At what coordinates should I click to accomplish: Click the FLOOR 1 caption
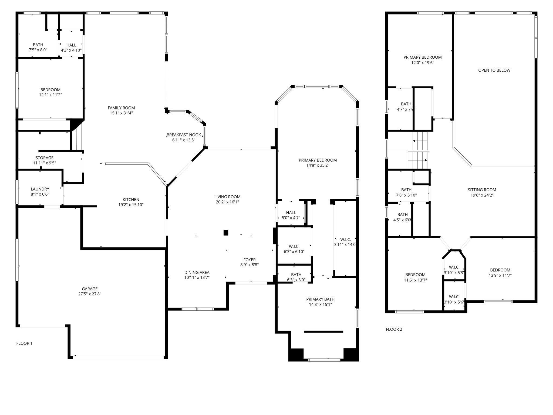pyautogui.click(x=24, y=343)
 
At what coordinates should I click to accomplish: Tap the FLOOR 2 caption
pyautogui.click(x=394, y=329)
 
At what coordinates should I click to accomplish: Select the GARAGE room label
pyautogui.click(x=90, y=289)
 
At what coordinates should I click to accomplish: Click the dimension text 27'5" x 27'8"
pyautogui.click(x=90, y=294)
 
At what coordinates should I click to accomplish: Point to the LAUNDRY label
pyautogui.click(x=40, y=189)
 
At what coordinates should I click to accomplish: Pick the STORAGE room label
pyautogui.click(x=45, y=158)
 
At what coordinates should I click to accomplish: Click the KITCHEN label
pyautogui.click(x=131, y=200)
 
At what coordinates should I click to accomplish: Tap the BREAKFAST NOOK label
pyautogui.click(x=184, y=135)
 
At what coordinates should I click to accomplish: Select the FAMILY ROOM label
pyautogui.click(x=121, y=108)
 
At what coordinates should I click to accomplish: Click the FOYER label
pyautogui.click(x=249, y=260)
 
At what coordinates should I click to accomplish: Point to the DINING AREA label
pyautogui.click(x=197, y=272)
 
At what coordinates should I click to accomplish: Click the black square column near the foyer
pyautogui.click(x=226, y=233)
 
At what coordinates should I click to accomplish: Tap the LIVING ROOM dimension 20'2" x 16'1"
pyautogui.click(x=227, y=202)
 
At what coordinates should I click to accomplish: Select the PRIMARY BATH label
pyautogui.click(x=320, y=299)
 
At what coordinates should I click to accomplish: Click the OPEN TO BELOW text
pyautogui.click(x=494, y=70)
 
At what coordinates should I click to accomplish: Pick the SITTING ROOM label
pyautogui.click(x=482, y=190)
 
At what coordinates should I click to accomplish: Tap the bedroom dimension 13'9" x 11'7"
pyautogui.click(x=500, y=275)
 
